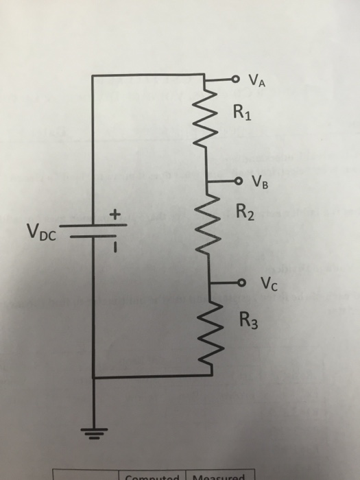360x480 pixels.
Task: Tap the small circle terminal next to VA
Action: tap(235, 79)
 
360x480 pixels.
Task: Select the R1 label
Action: tap(242, 112)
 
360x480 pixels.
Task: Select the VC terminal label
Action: tap(268, 283)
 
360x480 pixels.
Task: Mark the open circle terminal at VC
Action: tap(241, 282)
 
